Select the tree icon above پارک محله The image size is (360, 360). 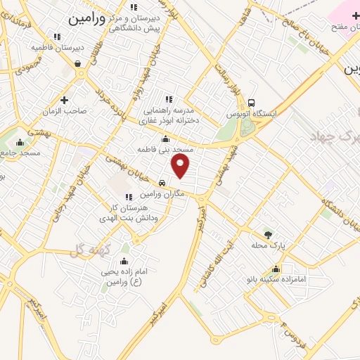click(267, 235)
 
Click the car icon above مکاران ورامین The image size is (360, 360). click(162, 184)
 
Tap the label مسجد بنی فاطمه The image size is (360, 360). click(164, 150)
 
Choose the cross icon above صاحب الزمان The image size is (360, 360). click(65, 100)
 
